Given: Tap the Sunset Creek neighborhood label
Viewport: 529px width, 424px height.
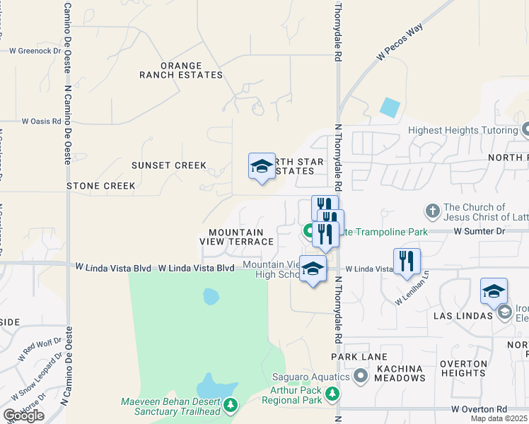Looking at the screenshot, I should point(169,165).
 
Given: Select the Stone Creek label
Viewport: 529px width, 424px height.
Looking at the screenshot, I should point(100,186).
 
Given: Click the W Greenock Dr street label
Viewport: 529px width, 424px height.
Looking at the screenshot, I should point(35,51).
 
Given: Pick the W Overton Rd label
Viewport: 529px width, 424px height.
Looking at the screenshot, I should point(479,409).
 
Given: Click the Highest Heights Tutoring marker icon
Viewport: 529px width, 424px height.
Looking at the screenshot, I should point(525,130).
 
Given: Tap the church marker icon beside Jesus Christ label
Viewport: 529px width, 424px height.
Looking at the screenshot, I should point(433,211).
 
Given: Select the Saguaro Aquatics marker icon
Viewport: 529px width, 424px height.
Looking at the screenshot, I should point(361,375).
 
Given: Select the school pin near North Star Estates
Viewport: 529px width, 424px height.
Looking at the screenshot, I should point(262,167).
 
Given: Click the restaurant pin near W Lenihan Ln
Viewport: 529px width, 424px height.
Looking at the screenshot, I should point(407,261).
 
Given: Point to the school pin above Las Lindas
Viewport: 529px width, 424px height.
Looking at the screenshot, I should point(494,291).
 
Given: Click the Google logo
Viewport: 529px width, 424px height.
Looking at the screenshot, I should point(23,416).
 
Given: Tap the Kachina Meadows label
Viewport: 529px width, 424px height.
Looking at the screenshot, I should point(400,373).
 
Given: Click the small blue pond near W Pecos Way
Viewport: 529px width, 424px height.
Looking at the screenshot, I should point(389,107).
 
